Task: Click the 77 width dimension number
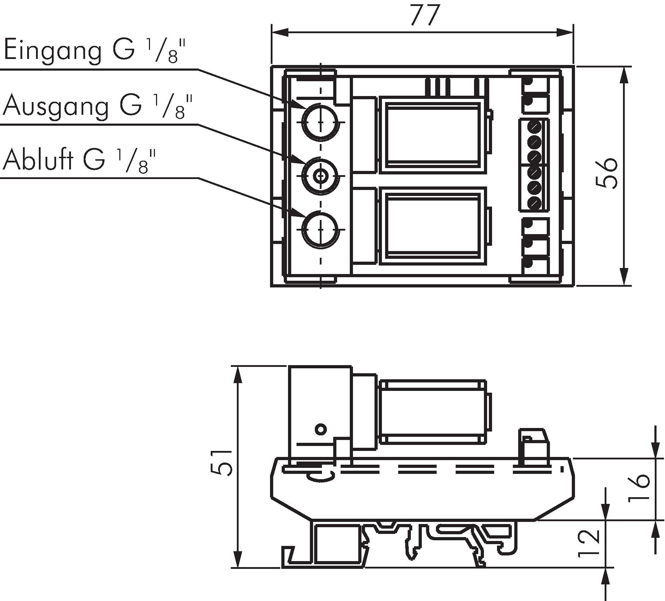[425, 15]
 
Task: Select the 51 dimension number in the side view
[222, 463]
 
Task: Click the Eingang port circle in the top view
[320, 122]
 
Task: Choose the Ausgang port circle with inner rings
[320, 175]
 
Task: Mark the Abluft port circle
[320, 230]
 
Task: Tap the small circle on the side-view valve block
[320, 430]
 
